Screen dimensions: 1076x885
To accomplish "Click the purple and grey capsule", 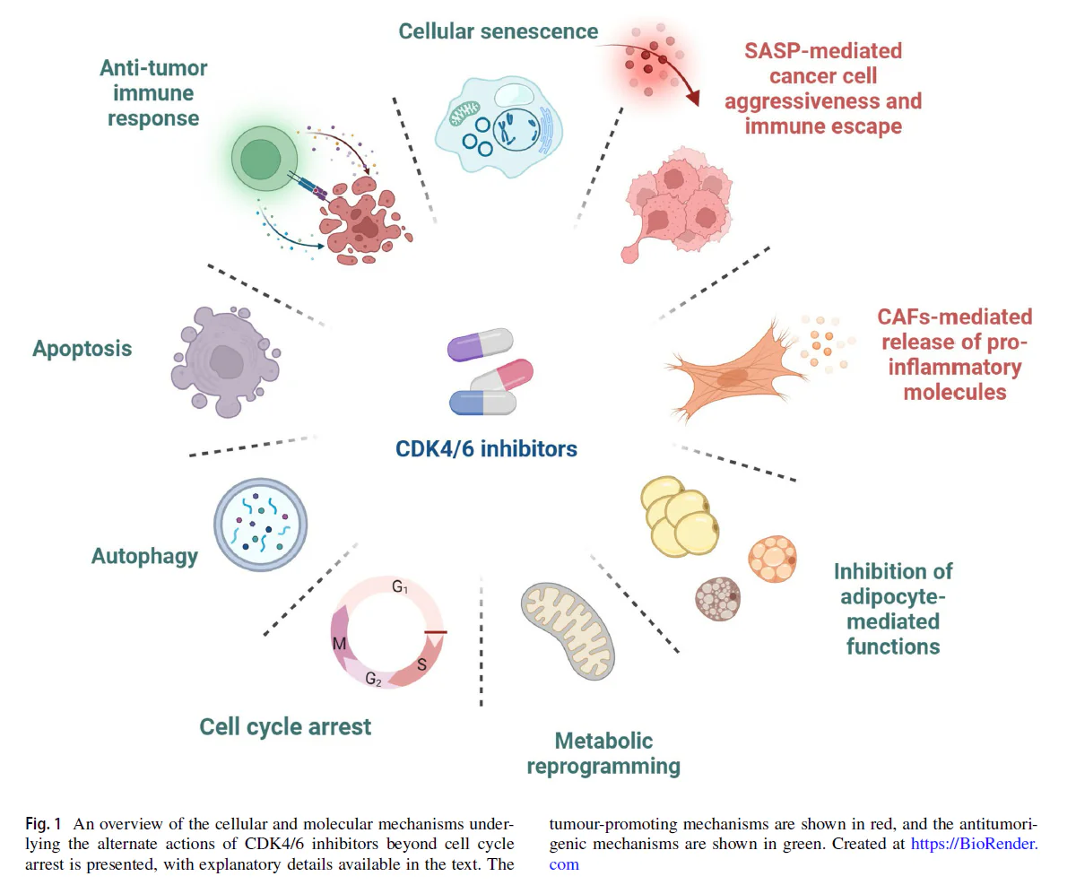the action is click(x=480, y=344).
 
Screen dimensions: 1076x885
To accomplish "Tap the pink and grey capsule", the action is click(x=501, y=376).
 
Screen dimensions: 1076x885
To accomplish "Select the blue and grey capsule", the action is click(x=482, y=403).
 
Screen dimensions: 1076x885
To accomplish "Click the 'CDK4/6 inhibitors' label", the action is click(x=486, y=449).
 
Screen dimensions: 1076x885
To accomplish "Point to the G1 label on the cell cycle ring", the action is click(x=400, y=587).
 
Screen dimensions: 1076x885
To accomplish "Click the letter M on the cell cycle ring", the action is click(x=339, y=643).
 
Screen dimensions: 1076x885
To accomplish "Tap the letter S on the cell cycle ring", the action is click(x=422, y=664).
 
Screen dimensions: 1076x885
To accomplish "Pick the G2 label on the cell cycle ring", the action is click(x=374, y=679).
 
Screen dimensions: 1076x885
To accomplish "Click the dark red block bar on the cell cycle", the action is click(x=436, y=632).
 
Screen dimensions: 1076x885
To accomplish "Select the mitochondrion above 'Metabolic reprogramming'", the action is click(x=568, y=631).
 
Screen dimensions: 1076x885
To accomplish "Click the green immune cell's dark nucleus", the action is click(x=261, y=159).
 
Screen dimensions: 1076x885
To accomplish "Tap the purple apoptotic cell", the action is click(x=225, y=361).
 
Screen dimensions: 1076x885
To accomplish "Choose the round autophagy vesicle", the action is click(x=260, y=525).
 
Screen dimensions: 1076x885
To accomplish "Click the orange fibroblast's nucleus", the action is click(x=733, y=378).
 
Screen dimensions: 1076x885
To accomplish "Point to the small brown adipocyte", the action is click(x=718, y=599).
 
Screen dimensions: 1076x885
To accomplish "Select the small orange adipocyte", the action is click(x=772, y=559).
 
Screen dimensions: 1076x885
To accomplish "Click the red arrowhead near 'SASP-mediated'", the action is click(x=693, y=98).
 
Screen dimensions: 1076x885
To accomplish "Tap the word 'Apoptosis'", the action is click(x=82, y=349).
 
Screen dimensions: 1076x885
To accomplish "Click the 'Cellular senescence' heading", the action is click(x=498, y=31).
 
